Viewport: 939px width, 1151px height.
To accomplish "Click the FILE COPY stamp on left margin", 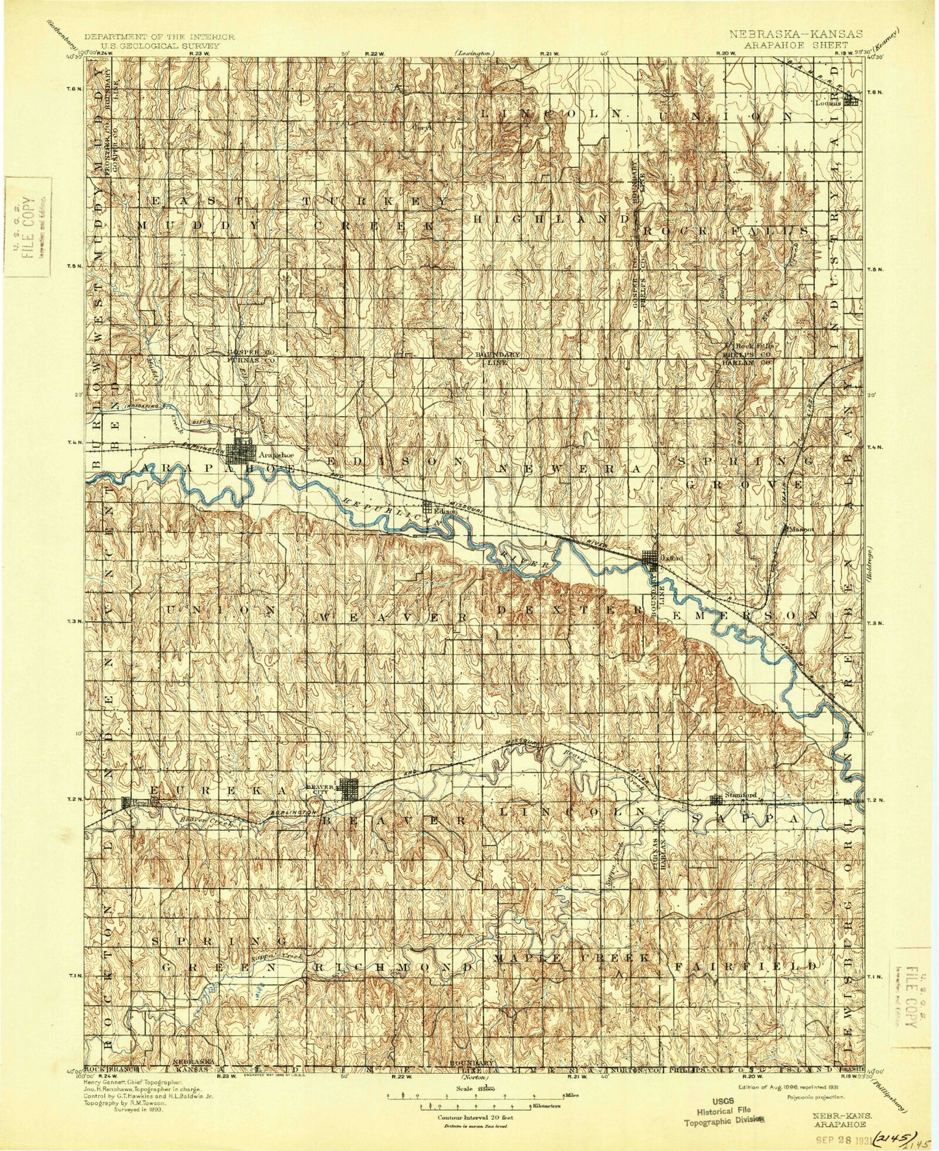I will pos(26,227).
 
